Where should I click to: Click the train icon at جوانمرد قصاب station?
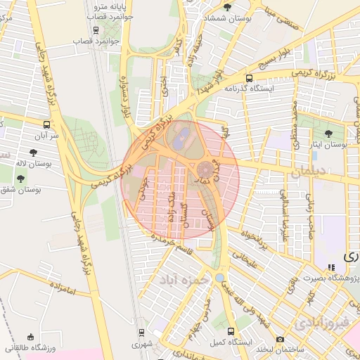pos(96,30)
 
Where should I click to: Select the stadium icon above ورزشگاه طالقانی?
pos(30,337)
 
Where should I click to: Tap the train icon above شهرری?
pos(141,333)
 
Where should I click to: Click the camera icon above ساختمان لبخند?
pos(281,340)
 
